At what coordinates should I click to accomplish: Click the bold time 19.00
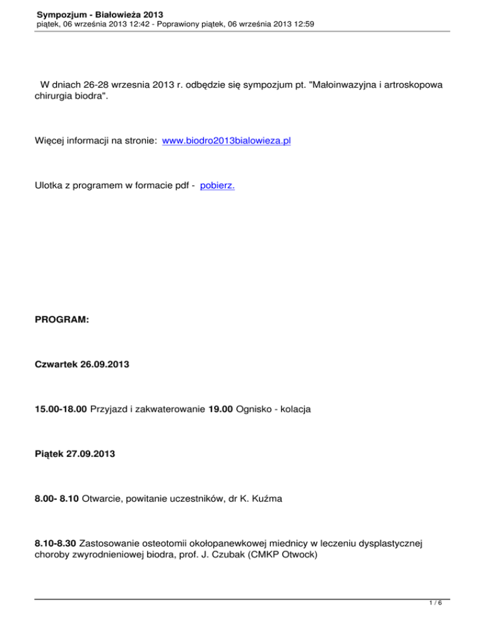pos(220,409)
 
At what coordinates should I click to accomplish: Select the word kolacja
pos(294,409)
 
